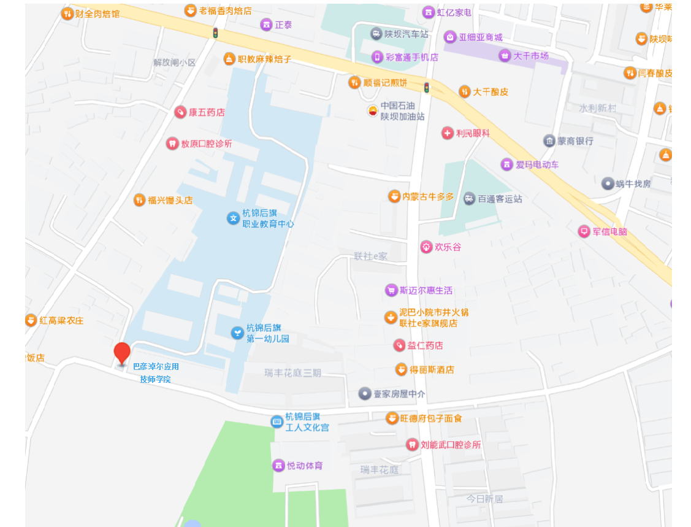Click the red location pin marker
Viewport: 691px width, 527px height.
click(x=123, y=353)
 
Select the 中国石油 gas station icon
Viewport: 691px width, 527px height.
click(x=373, y=110)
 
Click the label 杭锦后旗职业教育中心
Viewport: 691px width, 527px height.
click(x=268, y=218)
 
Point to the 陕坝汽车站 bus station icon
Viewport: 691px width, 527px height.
click(x=376, y=34)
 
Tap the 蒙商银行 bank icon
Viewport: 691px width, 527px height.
click(x=549, y=140)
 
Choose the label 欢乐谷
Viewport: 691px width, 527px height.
click(x=448, y=247)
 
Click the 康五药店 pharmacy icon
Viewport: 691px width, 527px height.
click(x=180, y=112)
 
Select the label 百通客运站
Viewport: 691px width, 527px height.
click(x=500, y=199)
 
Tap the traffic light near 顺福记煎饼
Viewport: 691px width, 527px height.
click(x=427, y=87)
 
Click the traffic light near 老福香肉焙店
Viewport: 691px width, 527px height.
click(x=215, y=33)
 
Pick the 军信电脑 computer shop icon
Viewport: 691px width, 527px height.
click(x=584, y=231)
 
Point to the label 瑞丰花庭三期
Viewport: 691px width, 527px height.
click(x=292, y=373)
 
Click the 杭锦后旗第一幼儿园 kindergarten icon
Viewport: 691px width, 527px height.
click(x=236, y=333)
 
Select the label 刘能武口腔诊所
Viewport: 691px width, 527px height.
click(x=451, y=445)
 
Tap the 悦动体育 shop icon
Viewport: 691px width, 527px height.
click(x=278, y=466)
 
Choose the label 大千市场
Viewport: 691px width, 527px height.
click(x=531, y=56)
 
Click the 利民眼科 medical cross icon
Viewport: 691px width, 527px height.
click(x=448, y=133)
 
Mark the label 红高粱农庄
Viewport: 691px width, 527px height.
click(x=61, y=320)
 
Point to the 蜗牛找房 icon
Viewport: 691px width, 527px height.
click(x=608, y=183)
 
